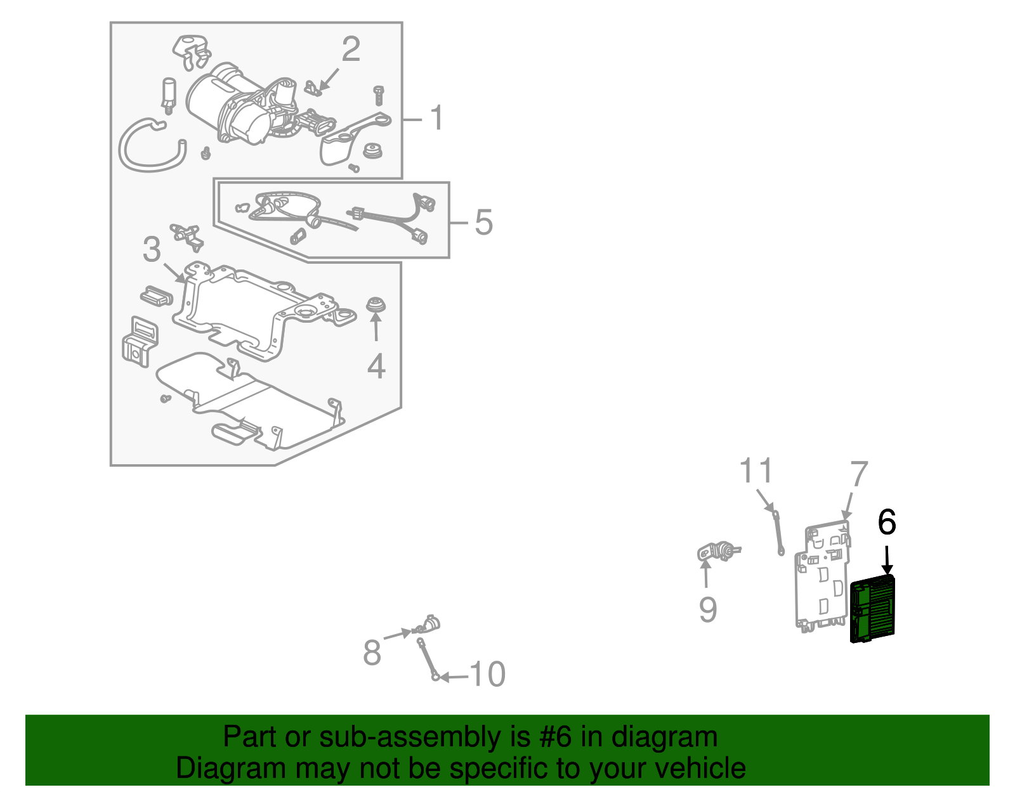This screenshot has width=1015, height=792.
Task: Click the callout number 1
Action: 436,118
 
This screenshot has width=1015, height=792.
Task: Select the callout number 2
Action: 351,49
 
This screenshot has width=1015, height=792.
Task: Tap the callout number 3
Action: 152,249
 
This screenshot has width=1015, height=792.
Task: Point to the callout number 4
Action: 376,367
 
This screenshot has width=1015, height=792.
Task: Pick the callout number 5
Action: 483,223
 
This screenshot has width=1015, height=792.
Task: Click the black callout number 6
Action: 887,523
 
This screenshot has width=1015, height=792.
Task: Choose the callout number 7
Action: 858,474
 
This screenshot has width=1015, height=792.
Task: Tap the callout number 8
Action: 372,652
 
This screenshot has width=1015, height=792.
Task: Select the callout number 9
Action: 708,609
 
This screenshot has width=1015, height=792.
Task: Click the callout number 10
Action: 487,675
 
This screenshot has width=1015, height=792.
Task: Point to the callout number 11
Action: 756,471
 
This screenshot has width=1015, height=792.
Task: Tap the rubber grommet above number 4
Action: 377,305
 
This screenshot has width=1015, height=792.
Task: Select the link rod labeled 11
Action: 778,533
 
